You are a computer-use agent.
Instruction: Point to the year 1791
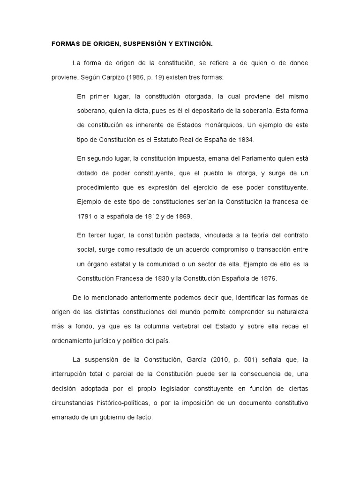click(x=85, y=216)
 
